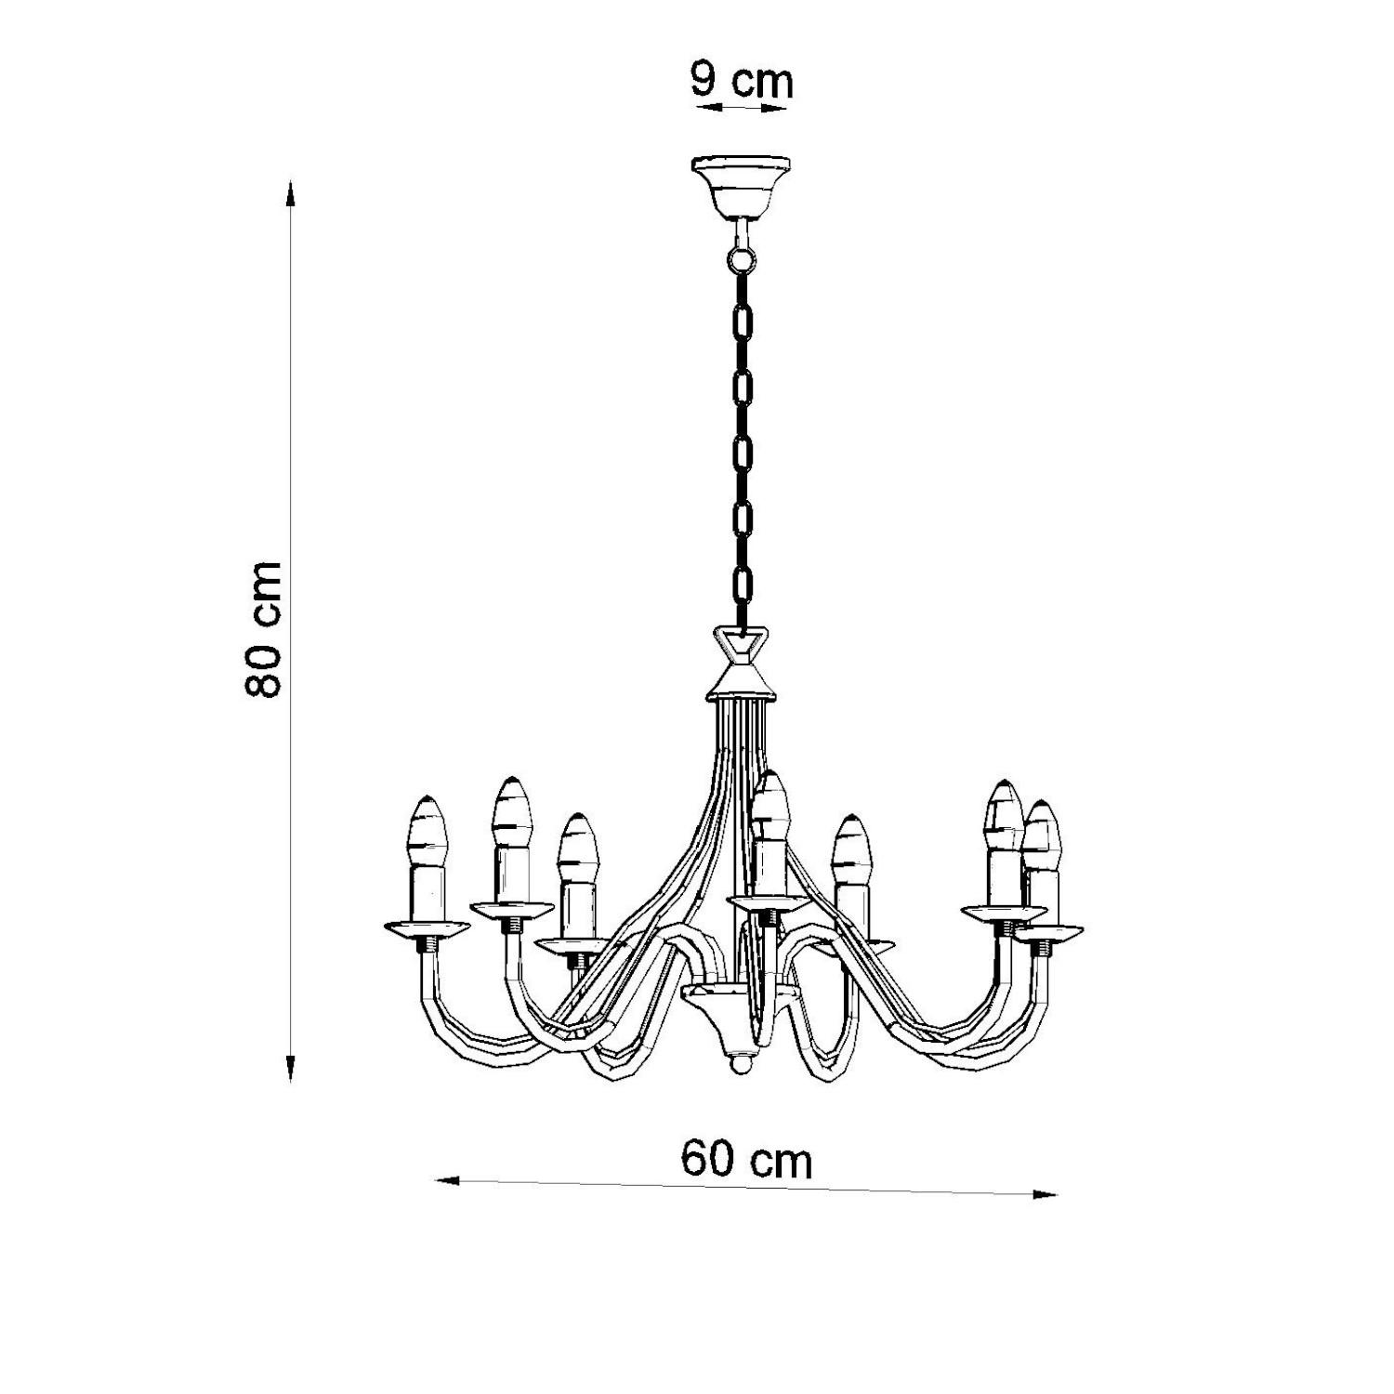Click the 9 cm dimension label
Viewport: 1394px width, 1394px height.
[x=742, y=81]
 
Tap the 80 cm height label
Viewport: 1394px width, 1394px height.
[x=264, y=629]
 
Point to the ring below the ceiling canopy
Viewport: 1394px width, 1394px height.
[x=741, y=255]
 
